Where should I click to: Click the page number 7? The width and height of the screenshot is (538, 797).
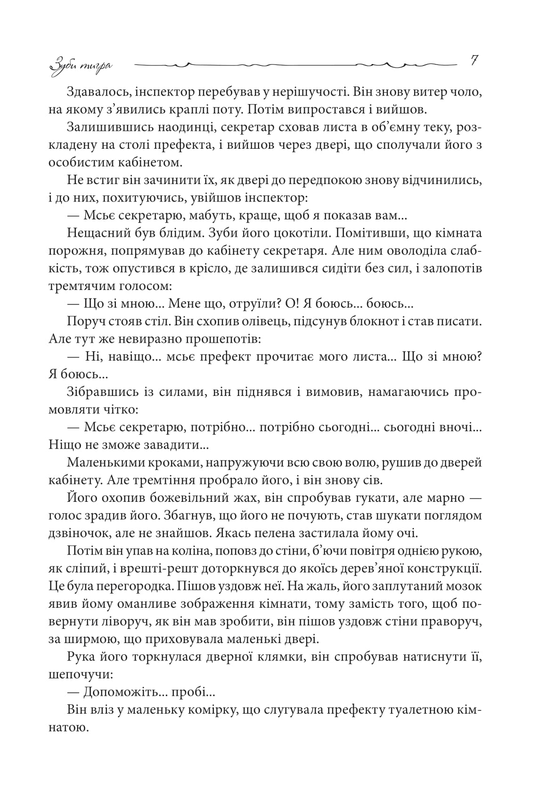[474, 60]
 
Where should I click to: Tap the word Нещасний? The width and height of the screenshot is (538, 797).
[96, 233]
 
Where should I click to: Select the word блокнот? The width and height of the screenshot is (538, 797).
[376, 322]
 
